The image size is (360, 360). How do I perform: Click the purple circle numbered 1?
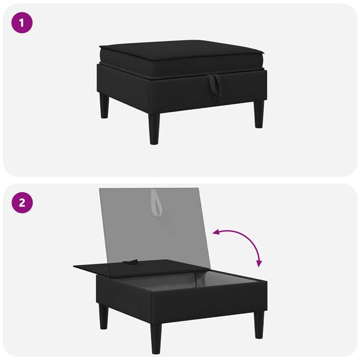point(22,23)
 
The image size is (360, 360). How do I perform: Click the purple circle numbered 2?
point(22,203)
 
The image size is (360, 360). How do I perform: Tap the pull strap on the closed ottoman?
point(214,85)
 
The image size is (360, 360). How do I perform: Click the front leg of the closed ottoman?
point(154,128)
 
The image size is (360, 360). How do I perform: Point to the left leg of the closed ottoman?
point(104,106)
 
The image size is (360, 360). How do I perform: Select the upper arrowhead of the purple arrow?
point(216,233)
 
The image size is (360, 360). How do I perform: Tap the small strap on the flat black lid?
point(130,262)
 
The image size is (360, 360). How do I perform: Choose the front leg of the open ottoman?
point(157,338)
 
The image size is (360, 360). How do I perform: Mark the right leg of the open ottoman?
point(259,325)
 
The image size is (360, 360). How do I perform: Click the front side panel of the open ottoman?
point(209,303)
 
